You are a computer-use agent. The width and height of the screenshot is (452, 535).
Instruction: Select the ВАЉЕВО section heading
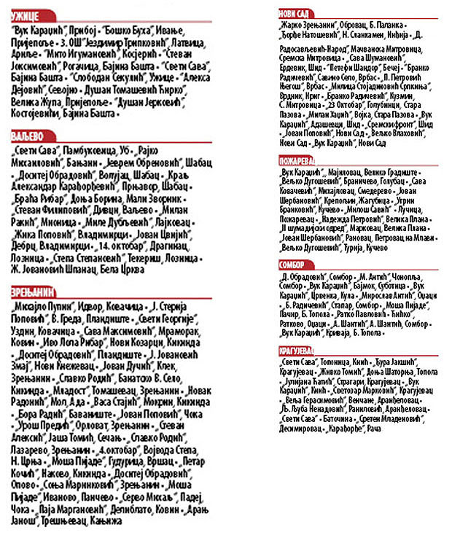[x=28, y=136]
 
